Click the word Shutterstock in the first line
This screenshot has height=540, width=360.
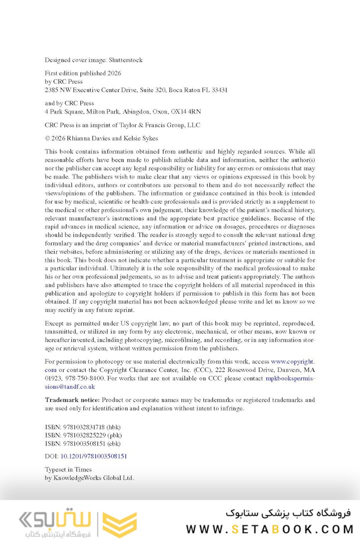(126, 60)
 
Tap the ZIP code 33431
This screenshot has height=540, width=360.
(217, 90)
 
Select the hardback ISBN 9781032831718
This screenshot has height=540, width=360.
(81, 427)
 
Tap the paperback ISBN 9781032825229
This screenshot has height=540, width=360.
(81, 435)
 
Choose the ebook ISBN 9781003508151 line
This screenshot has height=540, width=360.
(81, 443)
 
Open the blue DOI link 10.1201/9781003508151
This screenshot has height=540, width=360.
(93, 456)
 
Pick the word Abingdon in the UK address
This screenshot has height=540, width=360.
(131, 111)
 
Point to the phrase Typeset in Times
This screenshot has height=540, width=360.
(68, 469)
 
